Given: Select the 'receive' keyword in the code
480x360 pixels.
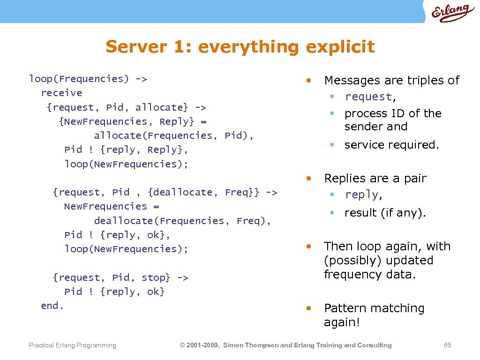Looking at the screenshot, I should click(x=61, y=93).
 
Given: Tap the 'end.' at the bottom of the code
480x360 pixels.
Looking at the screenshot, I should click(x=52, y=306).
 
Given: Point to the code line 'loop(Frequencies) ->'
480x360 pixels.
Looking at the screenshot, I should click(x=88, y=79).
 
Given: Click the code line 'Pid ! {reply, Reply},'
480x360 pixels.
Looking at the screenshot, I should click(x=126, y=150).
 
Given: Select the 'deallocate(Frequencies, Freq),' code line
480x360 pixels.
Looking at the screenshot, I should click(x=182, y=221).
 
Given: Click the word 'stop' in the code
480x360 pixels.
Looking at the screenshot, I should click(x=153, y=277).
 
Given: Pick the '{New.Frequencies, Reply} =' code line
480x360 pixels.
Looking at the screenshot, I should click(x=133, y=121).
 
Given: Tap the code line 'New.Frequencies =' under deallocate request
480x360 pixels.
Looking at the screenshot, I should click(x=112, y=206).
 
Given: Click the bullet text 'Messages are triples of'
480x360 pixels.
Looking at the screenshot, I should click(x=391, y=81).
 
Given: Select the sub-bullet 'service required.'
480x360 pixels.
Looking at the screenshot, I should click(x=391, y=145).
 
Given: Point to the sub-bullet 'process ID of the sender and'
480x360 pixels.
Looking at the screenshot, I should click(x=392, y=120).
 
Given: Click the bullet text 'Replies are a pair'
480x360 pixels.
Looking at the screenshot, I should click(x=375, y=179).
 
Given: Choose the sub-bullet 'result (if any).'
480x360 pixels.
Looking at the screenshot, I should click(x=385, y=213).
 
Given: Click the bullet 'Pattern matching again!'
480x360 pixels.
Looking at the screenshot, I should click(x=374, y=315).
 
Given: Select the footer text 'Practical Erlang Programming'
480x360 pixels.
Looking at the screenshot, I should click(x=72, y=345).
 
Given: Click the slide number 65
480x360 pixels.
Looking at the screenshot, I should click(x=447, y=345).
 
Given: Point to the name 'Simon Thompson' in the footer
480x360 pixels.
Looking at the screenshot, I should click(x=251, y=345).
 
